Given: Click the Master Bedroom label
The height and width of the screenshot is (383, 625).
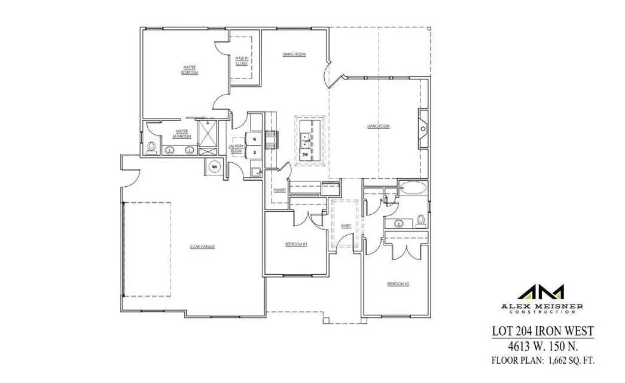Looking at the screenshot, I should tap(190, 69).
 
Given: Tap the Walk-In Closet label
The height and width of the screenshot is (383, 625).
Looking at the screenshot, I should tap(241, 60).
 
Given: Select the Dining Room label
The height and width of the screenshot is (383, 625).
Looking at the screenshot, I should tap(294, 54).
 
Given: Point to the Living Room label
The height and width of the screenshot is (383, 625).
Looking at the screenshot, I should tap(379, 126).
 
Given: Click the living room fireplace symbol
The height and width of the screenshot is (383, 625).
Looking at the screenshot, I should tap(423, 128).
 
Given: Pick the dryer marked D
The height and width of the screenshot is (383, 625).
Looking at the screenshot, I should tap(254, 153).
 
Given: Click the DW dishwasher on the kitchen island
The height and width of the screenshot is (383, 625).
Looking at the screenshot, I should tap(305, 155).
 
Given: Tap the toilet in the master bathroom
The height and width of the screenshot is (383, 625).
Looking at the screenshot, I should tap(151, 145).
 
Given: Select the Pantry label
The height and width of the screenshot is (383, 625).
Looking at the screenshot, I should tap(279, 190).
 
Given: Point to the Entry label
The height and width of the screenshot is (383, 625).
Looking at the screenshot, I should tap(346, 226).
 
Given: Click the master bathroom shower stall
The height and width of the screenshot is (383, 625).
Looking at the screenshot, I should tap(209, 134).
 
